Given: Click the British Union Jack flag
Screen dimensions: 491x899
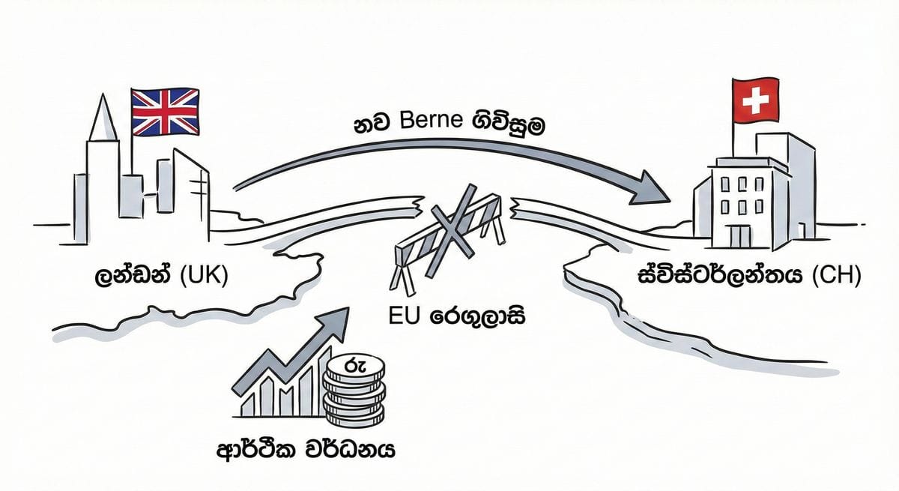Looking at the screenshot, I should [165, 112].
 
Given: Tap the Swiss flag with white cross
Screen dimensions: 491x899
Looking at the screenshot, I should [751, 103].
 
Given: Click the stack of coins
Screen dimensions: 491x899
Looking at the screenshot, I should [353, 391].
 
